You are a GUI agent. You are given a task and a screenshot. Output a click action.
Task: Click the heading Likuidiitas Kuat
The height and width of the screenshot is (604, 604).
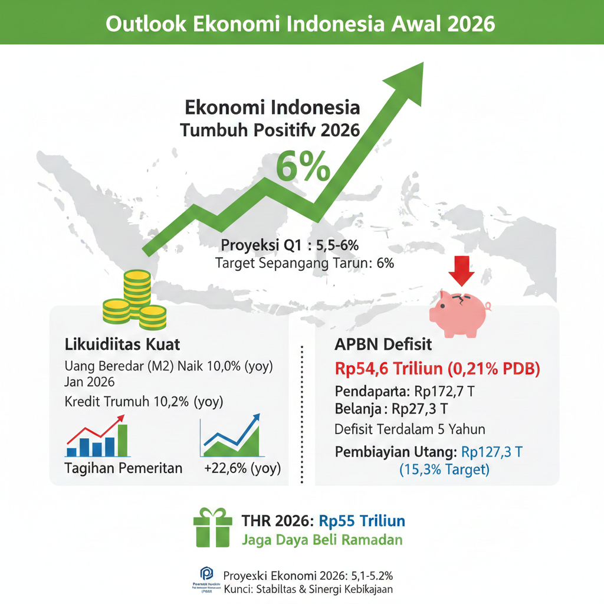[122, 343]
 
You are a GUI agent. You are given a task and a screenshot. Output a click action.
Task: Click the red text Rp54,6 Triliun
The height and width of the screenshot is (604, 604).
[388, 369]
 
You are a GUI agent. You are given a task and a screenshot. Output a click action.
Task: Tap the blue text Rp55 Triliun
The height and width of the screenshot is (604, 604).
[362, 521]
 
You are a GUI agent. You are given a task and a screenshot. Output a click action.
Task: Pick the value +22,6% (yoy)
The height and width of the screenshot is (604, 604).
[242, 468]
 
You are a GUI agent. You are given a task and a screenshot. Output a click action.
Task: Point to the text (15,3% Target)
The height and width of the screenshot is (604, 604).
[444, 470]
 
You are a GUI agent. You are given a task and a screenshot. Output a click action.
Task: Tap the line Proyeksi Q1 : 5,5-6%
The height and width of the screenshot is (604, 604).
[297, 245]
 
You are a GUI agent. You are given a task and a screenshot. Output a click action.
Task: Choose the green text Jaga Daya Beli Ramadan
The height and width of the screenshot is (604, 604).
[322, 539]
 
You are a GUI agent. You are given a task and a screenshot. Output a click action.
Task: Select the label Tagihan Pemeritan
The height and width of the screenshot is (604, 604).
[123, 468]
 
